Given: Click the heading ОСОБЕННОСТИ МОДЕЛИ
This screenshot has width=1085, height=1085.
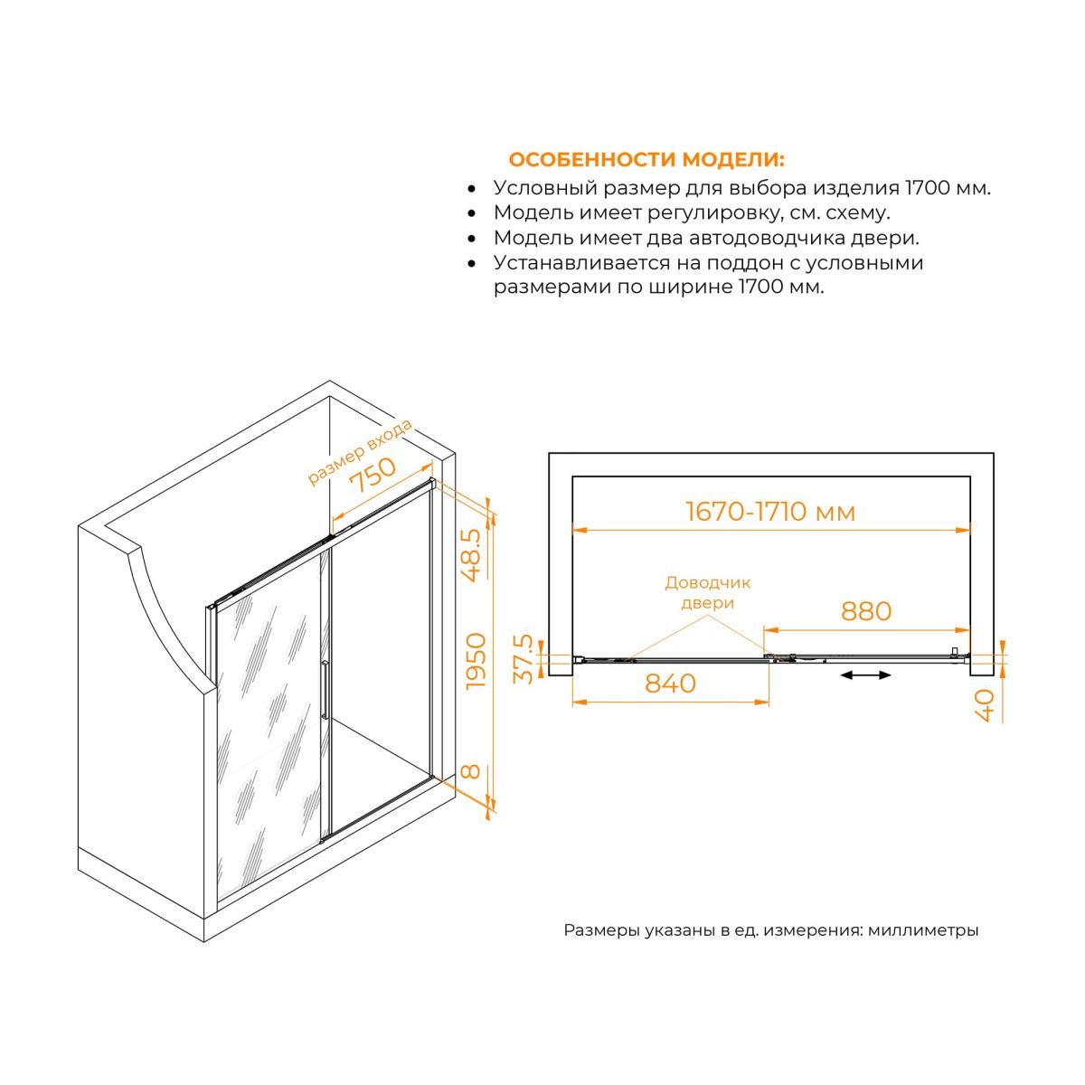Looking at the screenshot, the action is tap(646, 160).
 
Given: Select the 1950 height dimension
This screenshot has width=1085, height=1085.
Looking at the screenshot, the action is tap(476, 661).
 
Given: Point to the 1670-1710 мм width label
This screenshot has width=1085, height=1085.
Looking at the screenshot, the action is tap(771, 512).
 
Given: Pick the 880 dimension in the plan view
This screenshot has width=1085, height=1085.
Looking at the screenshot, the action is tap(866, 611).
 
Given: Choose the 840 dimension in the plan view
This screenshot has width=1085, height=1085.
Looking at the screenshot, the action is tap(670, 684).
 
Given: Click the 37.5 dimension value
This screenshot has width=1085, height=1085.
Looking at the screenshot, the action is tap(524, 659).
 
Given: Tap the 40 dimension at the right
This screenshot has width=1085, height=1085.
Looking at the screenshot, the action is tap(986, 705).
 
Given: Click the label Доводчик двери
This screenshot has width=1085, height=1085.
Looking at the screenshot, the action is tap(707, 592).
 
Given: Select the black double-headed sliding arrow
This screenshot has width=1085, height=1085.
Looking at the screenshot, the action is tap(865, 675).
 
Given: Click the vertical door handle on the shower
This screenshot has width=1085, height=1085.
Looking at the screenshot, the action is tap(325, 690).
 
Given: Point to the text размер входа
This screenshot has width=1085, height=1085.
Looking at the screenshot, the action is tap(360, 451).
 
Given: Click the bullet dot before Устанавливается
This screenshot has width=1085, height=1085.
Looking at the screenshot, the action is tap(472, 263).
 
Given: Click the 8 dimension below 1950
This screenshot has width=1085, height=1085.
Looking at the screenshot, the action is tap(471, 771).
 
